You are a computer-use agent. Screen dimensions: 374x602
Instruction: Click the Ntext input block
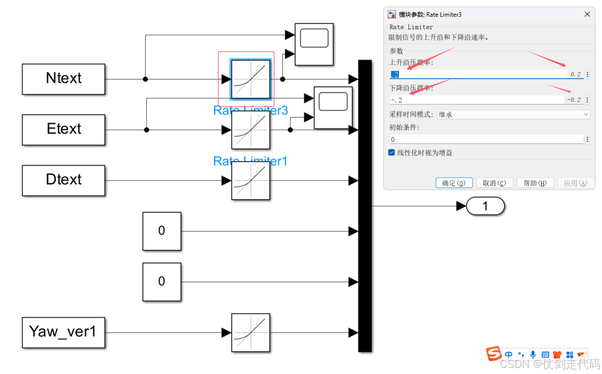(x=63, y=79)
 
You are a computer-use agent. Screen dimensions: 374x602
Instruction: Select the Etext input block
(x=63, y=130)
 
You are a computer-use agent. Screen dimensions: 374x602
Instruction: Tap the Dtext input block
(x=63, y=180)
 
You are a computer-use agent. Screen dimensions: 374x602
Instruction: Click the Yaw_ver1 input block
(x=63, y=332)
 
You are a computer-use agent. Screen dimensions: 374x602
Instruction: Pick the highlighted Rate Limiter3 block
(x=251, y=79)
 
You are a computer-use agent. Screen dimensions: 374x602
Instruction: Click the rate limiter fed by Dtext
(x=251, y=180)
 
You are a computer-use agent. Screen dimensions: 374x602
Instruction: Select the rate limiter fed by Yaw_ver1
(x=251, y=332)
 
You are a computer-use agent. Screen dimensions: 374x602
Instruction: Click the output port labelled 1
(x=485, y=206)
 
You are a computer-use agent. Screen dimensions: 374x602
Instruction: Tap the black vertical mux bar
(x=365, y=205)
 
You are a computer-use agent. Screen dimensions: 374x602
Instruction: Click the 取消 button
(x=494, y=183)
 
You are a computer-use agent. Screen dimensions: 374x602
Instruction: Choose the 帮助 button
(x=535, y=183)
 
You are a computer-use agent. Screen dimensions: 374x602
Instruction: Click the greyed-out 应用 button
(x=575, y=183)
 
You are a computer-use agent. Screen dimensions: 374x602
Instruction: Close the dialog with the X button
(x=588, y=15)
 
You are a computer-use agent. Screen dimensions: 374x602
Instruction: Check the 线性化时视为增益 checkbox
(x=392, y=153)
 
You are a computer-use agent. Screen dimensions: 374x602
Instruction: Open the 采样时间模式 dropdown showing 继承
(x=513, y=115)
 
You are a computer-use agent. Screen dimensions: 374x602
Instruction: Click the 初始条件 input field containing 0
(x=486, y=139)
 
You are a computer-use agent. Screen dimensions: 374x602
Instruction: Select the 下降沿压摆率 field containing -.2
(x=477, y=100)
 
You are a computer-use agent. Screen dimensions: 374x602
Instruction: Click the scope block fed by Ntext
(x=314, y=44)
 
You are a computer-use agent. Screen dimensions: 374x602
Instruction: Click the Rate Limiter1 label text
(x=250, y=161)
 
